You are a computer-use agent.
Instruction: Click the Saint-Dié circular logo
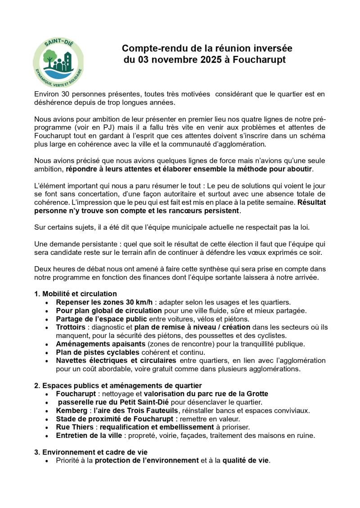tap(58, 61)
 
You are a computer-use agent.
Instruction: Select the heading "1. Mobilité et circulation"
tap(76, 294)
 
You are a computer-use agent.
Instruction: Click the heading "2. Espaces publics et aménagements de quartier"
tap(118, 385)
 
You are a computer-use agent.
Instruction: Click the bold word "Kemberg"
tap(72, 410)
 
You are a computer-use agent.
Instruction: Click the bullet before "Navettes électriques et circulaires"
tap(47, 361)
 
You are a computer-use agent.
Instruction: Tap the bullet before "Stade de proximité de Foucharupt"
tap(47, 419)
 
